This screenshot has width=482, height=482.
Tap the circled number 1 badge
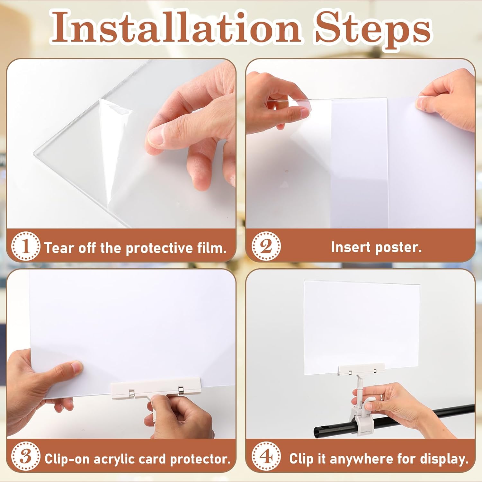point(26,246)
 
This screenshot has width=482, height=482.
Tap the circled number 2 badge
point(266,246)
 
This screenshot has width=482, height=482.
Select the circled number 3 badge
point(26,457)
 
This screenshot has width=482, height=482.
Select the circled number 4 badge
point(266,457)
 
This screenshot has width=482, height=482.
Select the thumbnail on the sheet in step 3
point(76,367)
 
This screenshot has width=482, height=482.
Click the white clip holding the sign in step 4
point(362,370)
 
